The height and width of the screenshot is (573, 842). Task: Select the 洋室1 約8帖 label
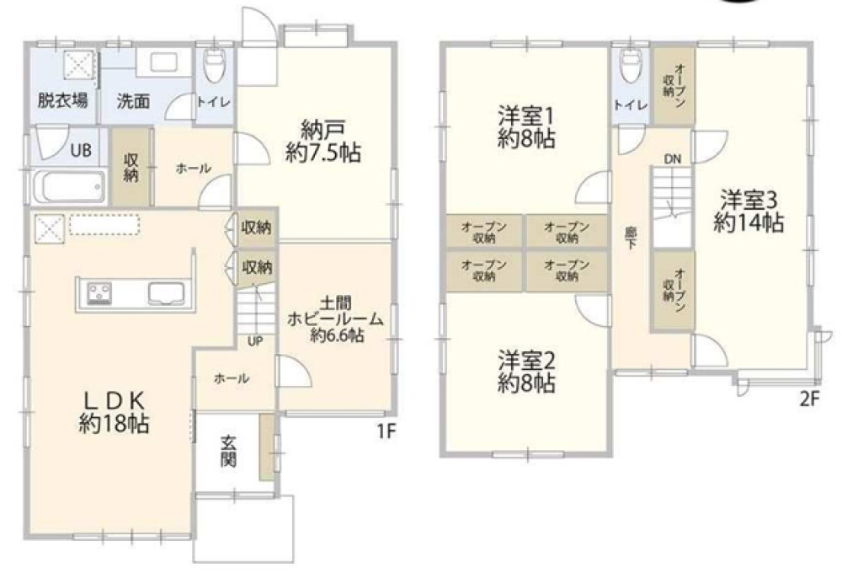coord(525,126)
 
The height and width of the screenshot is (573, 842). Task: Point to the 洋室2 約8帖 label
coord(525,372)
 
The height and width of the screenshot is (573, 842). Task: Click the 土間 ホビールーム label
coord(336,319)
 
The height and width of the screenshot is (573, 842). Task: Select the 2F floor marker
coord(808,400)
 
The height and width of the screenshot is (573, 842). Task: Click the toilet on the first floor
coord(215,67)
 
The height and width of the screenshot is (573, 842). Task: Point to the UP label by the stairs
coord(253,341)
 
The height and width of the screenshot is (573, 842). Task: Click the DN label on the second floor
coord(673,158)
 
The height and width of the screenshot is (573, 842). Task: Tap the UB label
coord(81,151)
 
